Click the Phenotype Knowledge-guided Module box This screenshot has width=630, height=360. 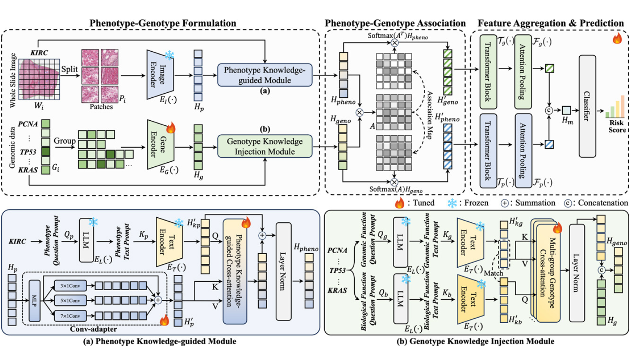coord(265,75)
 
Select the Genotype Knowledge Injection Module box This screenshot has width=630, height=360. coord(265,146)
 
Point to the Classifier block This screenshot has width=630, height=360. coord(587,106)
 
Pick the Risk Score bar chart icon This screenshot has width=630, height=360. coord(615,108)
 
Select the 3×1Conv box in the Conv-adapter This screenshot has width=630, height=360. coord(70,286)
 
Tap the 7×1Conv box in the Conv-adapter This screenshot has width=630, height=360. coord(70,316)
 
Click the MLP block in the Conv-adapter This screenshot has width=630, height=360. coord(34,300)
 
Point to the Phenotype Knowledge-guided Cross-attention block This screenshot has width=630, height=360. coord(235,271)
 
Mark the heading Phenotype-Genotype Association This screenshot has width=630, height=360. coord(395,23)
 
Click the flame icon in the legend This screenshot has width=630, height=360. coord(399,203)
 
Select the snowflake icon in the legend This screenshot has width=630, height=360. coord(452,203)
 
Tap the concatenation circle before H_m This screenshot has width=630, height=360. coord(549,111)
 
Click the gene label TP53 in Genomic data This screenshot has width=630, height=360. coord(28,152)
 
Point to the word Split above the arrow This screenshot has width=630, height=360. coord(69,69)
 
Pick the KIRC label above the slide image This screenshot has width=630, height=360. coord(39,53)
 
